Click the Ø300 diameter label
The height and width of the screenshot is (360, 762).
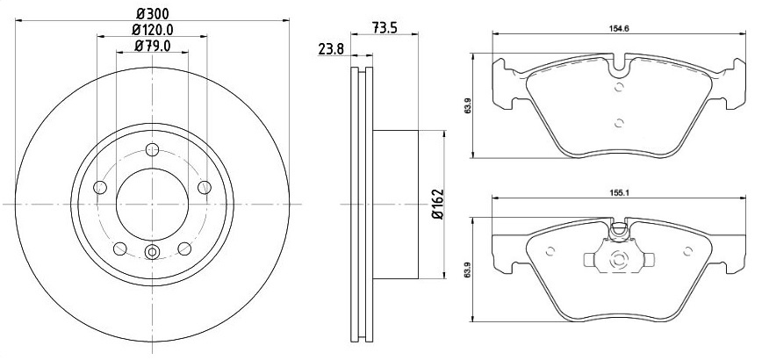[x=153, y=14]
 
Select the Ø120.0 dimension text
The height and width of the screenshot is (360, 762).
[x=153, y=30]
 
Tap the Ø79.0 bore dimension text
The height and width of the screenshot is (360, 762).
[x=153, y=47]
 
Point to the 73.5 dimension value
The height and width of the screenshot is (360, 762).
[x=385, y=28]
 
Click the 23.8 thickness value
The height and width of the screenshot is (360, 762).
[x=331, y=48]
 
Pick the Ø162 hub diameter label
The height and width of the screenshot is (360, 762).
[x=437, y=204]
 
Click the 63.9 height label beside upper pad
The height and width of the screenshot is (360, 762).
[x=468, y=105]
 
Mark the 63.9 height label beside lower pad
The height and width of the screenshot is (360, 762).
[x=468, y=270]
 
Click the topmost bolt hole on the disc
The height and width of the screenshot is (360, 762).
[x=153, y=149]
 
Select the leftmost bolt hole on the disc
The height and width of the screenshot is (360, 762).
[x=100, y=187]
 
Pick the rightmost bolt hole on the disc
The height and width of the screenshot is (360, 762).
[x=205, y=187]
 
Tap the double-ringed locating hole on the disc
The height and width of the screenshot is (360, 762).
[x=153, y=252]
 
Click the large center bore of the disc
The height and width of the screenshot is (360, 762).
[x=153, y=204]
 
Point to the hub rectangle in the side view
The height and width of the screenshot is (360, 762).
[x=396, y=205]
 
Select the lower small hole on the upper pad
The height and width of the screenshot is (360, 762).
[x=619, y=123]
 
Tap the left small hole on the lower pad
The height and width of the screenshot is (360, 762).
[x=550, y=251]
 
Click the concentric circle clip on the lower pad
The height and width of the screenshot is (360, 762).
[x=619, y=259]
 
